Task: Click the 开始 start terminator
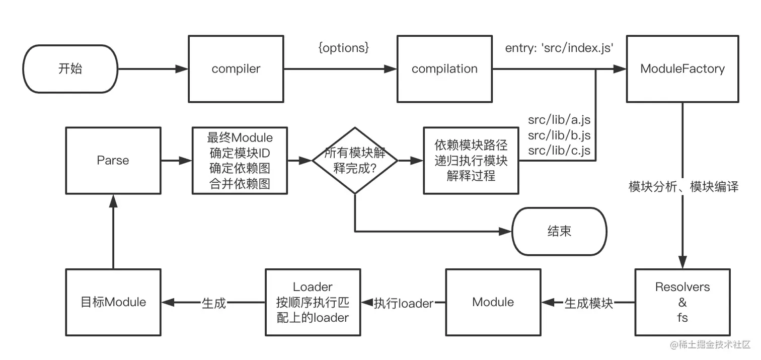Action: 70,69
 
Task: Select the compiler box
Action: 236,69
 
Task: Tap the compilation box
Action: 444,69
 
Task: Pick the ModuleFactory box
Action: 682,69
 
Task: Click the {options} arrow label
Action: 344,48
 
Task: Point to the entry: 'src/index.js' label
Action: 559,48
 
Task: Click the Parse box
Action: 113,161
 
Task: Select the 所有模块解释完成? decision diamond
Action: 355,161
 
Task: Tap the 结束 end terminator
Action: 559,231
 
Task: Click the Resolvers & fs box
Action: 682,302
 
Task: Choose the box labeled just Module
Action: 493,302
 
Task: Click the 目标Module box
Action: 113,302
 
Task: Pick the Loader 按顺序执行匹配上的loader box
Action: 313,302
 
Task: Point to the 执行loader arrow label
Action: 404,303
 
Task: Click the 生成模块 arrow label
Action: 588,303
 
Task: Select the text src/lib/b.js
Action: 559,135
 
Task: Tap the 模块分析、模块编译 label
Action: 683,187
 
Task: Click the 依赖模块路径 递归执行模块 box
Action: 471,161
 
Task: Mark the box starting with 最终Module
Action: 240,161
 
